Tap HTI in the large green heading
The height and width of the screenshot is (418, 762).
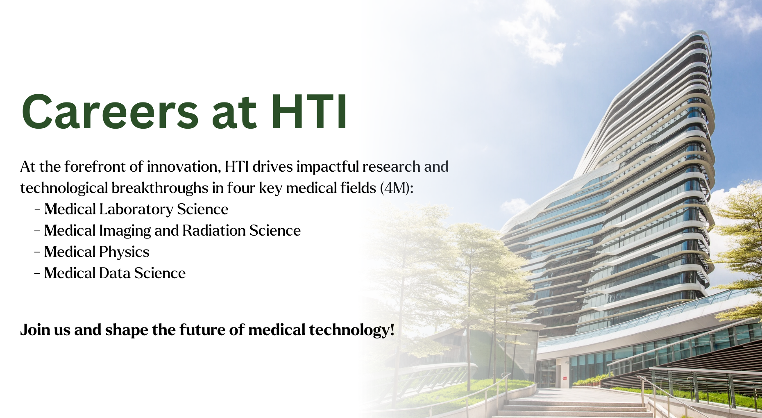pos(309,112)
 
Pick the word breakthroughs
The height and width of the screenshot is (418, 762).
pos(160,188)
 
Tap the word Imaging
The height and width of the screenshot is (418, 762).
pos(125,231)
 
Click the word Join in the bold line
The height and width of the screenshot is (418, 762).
pos(35,330)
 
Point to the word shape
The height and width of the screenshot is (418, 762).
pos(127,330)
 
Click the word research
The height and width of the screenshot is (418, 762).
pos(391,167)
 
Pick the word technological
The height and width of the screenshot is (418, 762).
pos(64,188)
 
